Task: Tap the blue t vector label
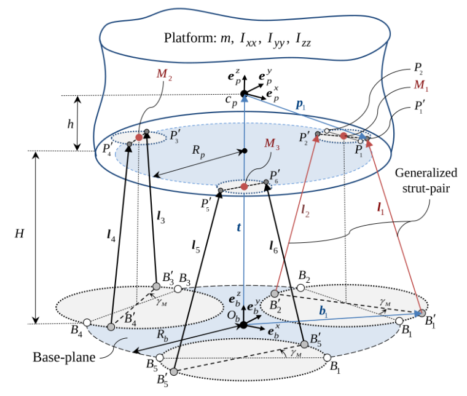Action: click(x=238, y=226)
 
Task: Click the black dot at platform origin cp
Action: click(x=244, y=93)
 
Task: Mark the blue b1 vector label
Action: click(x=323, y=311)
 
